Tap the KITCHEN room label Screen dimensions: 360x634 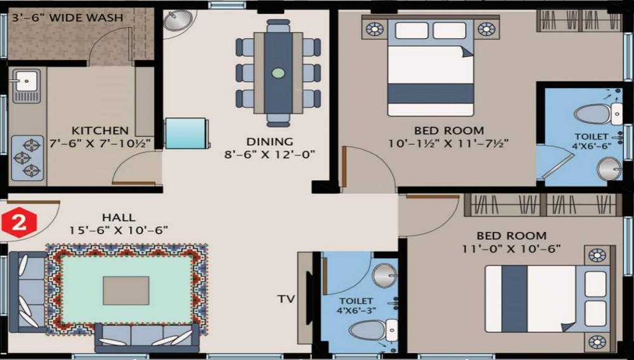point(100,131)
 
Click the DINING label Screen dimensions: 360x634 point(270,141)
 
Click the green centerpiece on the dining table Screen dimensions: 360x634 point(278,73)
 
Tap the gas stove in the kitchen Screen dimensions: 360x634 point(27,158)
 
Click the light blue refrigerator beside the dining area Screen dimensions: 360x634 point(186,133)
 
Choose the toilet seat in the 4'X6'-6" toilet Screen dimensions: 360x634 point(592,115)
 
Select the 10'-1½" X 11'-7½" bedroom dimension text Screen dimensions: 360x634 point(449,144)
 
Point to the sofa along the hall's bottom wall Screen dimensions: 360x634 point(147,337)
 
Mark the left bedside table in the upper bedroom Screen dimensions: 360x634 point(375,29)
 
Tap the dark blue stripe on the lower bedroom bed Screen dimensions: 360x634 point(514,299)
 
